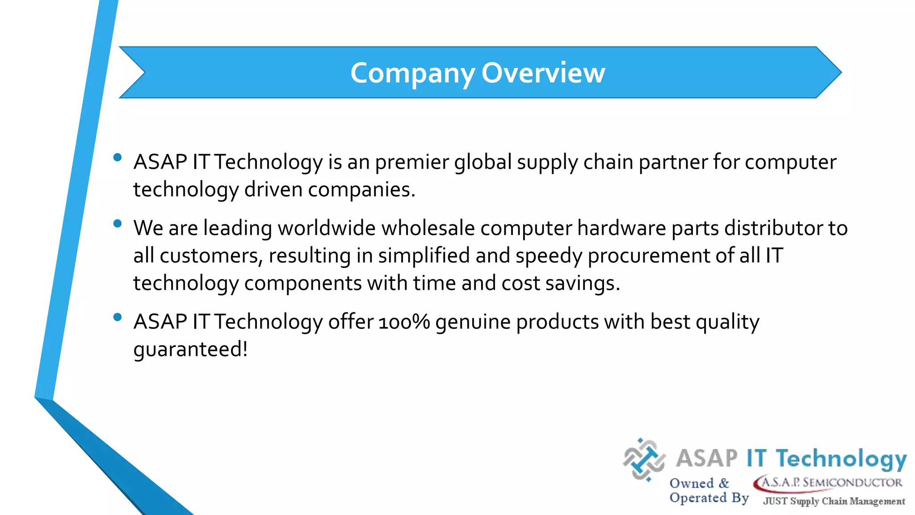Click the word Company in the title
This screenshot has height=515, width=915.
[412, 73]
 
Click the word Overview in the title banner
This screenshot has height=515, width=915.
[543, 73]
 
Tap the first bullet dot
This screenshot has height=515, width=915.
[118, 157]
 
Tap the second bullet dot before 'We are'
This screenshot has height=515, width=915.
[118, 224]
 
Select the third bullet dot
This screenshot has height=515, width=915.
[118, 317]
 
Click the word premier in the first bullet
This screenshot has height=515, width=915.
[411, 162]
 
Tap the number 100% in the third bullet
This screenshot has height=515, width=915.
[404, 322]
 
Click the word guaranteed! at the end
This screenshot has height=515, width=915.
[190, 349]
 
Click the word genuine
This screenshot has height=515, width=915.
[473, 322]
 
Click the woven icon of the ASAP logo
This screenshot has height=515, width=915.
[644, 460]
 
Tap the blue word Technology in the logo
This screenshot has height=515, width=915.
[841, 459]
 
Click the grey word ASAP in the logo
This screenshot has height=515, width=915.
[706, 458]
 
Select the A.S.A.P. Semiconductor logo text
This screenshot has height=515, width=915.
[829, 483]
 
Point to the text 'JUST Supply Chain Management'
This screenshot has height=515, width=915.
[834, 501]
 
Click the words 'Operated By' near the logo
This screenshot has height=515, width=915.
[709, 498]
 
